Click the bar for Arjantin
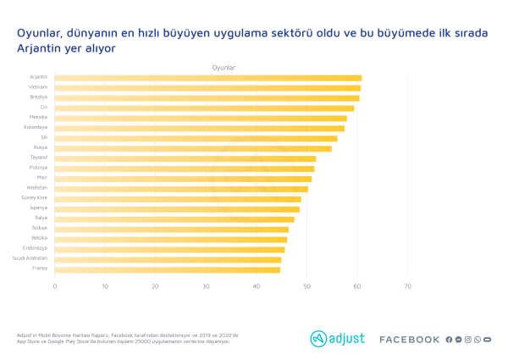[207, 78]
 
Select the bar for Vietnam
[207, 88]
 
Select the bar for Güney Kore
[178, 199]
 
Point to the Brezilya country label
[39, 97]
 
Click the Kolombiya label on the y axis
[36, 128]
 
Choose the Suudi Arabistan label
[30, 259]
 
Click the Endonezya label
[36, 249]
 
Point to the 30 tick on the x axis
[206, 287]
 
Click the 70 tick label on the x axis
[407, 287]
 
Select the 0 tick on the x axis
[55, 287]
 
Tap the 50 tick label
[306, 287]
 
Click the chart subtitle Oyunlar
[224, 67]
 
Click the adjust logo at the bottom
[337, 339]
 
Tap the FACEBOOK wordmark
[409, 340]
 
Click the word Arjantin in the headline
[41, 49]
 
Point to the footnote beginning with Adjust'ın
[127, 338]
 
